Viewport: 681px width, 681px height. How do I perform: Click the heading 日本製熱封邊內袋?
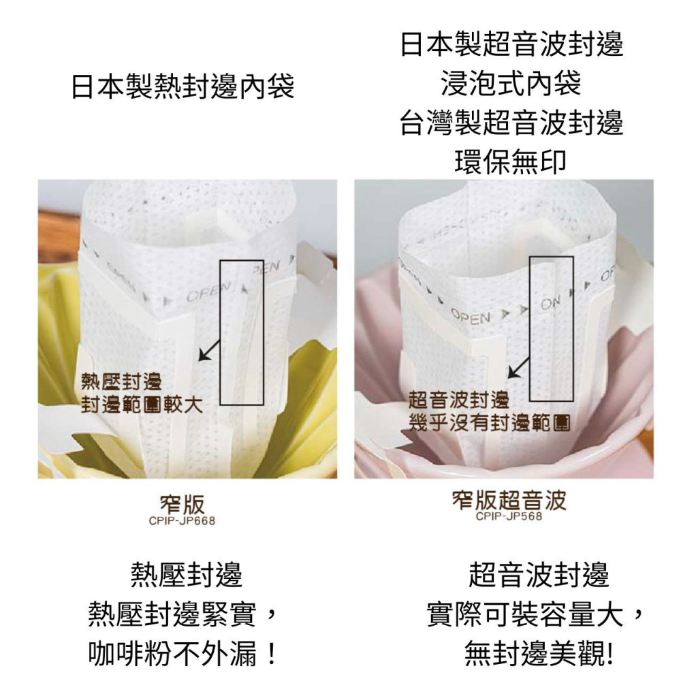[x=183, y=86]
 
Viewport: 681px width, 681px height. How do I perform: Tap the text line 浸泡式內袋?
[x=511, y=84]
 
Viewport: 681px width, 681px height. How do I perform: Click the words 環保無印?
[x=511, y=161]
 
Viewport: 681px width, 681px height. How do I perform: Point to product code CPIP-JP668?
[x=177, y=522]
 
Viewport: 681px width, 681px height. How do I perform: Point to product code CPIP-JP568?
[x=509, y=517]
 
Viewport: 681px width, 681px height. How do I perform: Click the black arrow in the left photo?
[x=209, y=349]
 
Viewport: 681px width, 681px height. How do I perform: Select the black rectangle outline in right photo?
[x=552, y=328]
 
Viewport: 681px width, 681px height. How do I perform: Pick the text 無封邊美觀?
[x=538, y=655]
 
